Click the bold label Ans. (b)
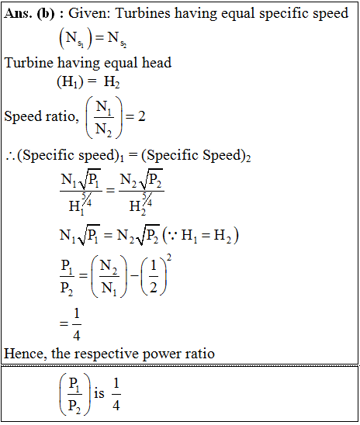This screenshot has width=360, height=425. [29, 13]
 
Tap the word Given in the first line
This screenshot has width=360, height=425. [89, 13]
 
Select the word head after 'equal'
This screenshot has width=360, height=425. [157, 63]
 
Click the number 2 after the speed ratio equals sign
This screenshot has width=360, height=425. [142, 116]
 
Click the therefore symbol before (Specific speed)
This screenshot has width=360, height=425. [10, 157]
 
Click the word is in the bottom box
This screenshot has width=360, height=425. [99, 393]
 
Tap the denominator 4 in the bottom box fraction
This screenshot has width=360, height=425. [116, 406]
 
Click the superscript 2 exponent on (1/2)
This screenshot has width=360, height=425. [169, 257]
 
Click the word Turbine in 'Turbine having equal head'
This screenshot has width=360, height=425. [29, 63]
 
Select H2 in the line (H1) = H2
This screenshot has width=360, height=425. [112, 82]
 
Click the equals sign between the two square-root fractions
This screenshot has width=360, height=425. [110, 191]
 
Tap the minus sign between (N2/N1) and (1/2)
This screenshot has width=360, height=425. [134, 275]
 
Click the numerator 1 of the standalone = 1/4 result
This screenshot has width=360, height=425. [77, 313]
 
